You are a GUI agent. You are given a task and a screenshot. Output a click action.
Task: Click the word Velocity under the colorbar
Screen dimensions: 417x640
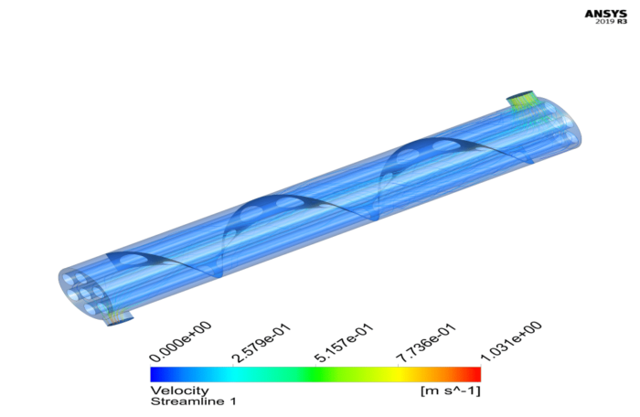[x=173, y=390]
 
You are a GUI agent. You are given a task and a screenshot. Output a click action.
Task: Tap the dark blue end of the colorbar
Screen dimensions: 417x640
[x=157, y=374]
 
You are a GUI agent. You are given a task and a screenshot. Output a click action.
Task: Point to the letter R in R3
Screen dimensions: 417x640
[x=619, y=24]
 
